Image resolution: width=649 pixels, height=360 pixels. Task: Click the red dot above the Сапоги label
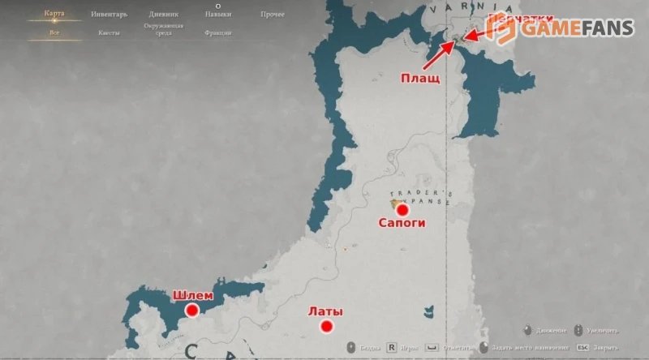(x=402, y=209)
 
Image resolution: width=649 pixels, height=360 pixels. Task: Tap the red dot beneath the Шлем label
(x=192, y=310)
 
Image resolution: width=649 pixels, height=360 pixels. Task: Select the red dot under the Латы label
(x=327, y=327)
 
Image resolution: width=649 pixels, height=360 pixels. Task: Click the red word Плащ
(x=421, y=79)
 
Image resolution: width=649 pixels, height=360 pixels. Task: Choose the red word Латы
(x=325, y=311)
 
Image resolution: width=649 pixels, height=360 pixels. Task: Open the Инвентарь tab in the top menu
(x=108, y=15)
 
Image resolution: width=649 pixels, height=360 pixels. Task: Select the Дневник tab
(x=164, y=15)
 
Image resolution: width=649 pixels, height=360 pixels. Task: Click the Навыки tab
(x=217, y=15)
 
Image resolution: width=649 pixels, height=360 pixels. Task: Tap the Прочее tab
(x=272, y=15)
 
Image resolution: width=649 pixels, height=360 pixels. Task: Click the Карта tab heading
(x=54, y=15)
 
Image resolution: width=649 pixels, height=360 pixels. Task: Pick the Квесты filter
(x=108, y=32)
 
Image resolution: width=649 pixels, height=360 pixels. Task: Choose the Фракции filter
(x=218, y=32)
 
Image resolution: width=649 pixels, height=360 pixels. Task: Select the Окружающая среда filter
(x=164, y=30)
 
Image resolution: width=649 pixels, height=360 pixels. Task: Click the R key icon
(x=391, y=347)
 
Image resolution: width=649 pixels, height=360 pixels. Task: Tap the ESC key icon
(x=582, y=347)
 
